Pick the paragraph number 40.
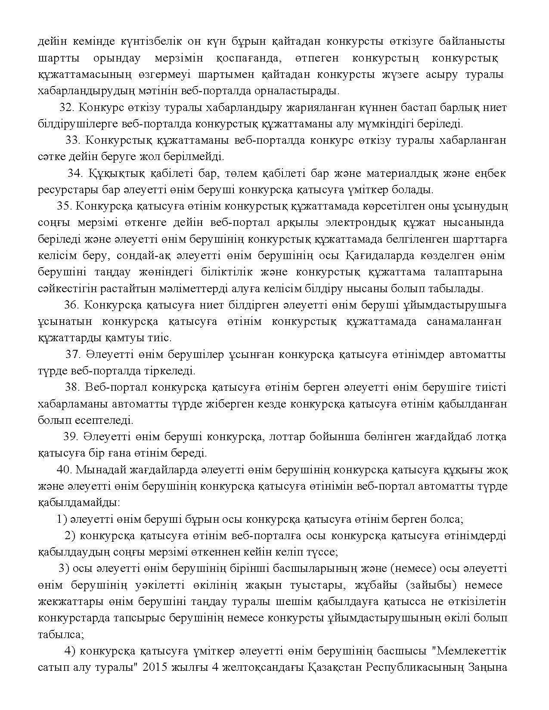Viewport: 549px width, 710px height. pyautogui.click(x=64, y=470)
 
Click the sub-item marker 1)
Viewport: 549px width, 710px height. pyautogui.click(x=62, y=519)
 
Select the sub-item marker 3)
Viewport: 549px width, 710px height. pyautogui.click(x=64, y=568)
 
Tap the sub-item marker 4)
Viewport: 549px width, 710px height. pyautogui.click(x=70, y=651)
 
